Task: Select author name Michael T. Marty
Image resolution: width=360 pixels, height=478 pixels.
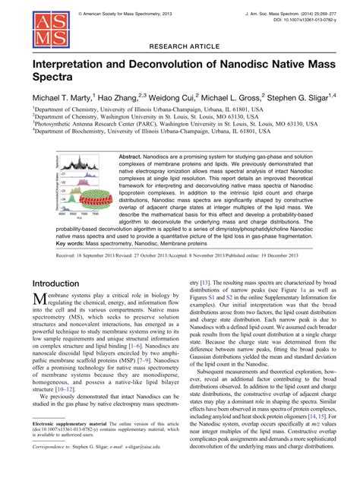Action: point(62,100)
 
